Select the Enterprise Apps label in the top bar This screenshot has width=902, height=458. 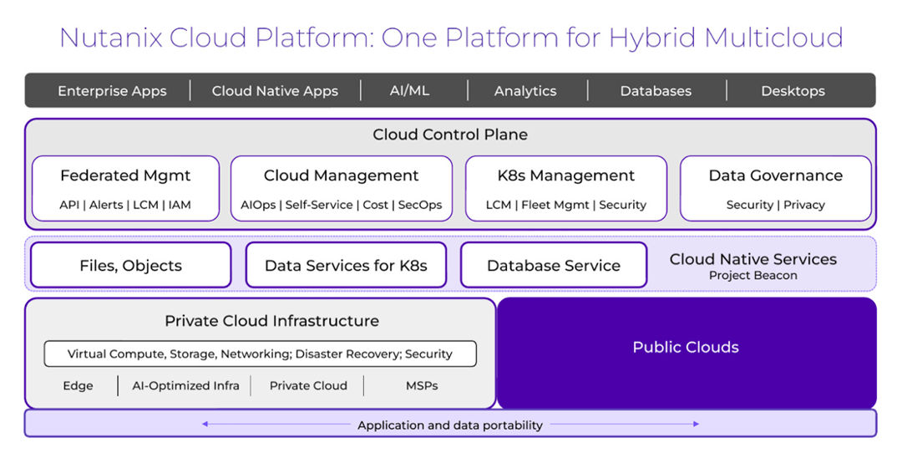pyautogui.click(x=112, y=91)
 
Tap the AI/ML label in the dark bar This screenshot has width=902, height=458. pyautogui.click(x=409, y=90)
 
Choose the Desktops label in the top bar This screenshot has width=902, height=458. pyautogui.click(x=792, y=91)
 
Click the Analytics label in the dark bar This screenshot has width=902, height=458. pyautogui.click(x=524, y=91)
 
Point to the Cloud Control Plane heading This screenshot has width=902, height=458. pyautogui.click(x=449, y=135)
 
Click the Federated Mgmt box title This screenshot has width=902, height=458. pyautogui.click(x=125, y=176)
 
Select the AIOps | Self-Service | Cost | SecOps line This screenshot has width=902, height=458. pyautogui.click(x=341, y=205)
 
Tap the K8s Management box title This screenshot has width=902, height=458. pyautogui.click(x=565, y=176)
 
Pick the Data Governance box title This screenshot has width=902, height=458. pyautogui.click(x=775, y=176)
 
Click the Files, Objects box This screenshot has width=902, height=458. pyautogui.click(x=130, y=266)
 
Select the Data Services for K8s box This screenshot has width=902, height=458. pyautogui.click(x=346, y=266)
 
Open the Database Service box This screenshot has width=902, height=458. pyautogui.click(x=553, y=266)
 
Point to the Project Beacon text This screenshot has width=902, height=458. pyautogui.click(x=753, y=276)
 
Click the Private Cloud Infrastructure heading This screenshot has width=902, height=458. pyautogui.click(x=271, y=321)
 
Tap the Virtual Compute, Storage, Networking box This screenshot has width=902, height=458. pyautogui.click(x=260, y=354)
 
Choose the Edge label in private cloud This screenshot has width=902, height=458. pyautogui.click(x=78, y=385)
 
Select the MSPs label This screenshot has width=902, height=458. pyautogui.click(x=421, y=385)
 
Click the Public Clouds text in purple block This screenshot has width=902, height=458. pyautogui.click(x=685, y=348)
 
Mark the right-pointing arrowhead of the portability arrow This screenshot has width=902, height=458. pyautogui.click(x=697, y=425)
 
